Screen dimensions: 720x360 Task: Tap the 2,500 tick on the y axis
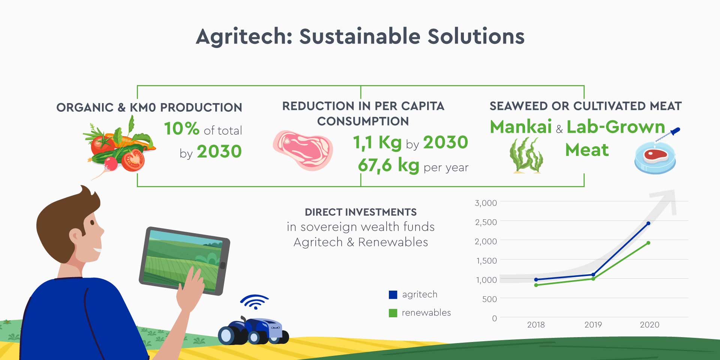click(486, 222)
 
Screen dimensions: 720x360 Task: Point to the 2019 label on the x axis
click(593, 325)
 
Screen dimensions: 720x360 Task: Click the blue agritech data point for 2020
click(648, 223)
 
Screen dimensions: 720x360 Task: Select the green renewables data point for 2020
click(648, 243)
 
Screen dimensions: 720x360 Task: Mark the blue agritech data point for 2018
click(536, 280)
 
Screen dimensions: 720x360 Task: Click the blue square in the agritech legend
click(393, 295)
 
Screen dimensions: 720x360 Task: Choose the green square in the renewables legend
click(393, 313)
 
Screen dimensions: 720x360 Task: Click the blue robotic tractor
click(253, 331)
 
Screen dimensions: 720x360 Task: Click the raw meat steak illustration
click(303, 150)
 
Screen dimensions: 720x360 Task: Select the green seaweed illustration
click(526, 155)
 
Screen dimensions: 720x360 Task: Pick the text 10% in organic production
click(182, 129)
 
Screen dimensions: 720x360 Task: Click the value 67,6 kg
click(388, 165)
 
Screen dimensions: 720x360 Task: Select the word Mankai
click(521, 127)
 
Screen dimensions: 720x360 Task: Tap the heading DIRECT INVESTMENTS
click(361, 212)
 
